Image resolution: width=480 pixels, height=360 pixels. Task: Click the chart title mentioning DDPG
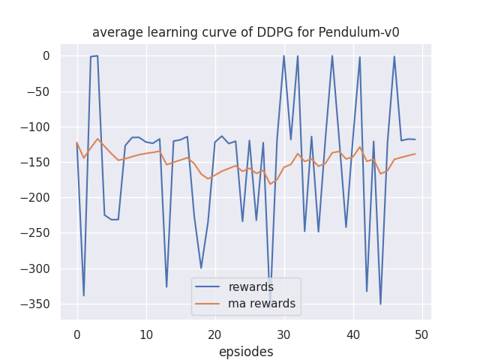tap(245, 32)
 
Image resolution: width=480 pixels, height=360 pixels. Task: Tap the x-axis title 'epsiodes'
tap(245, 352)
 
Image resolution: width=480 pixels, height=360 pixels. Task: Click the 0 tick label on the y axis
tap(46, 55)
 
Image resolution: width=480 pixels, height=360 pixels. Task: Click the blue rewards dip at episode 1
tap(84, 295)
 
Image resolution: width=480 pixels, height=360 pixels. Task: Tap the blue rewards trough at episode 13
tap(166, 287)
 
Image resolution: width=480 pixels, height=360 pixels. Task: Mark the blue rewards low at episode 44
tap(380, 304)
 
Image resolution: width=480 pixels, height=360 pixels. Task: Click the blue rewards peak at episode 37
tap(332, 55)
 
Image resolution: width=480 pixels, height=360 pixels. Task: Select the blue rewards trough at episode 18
tap(201, 268)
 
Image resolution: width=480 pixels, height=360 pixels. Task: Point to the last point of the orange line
tap(415, 154)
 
